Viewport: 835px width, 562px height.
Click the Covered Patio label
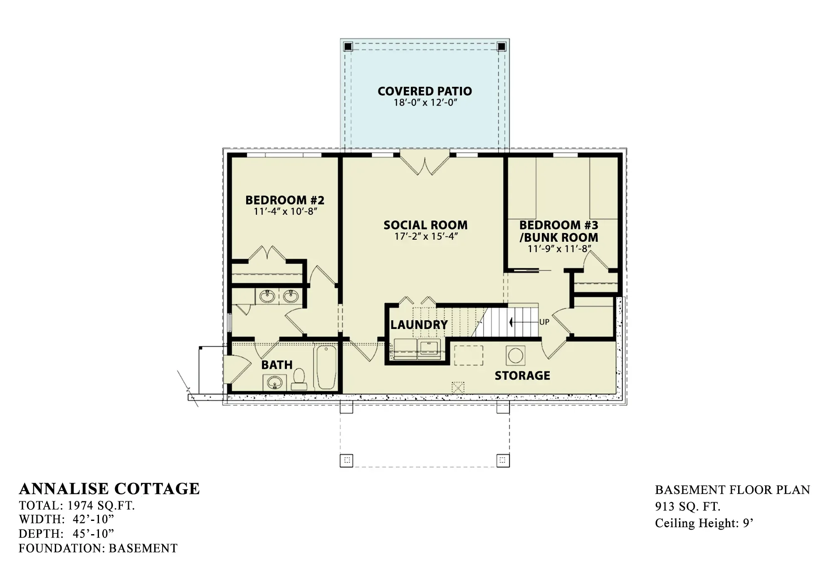pos(425,91)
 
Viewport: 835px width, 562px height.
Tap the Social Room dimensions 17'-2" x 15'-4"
pos(426,237)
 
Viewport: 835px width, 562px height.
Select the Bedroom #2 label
pos(285,200)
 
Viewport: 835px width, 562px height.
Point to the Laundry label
pos(419,325)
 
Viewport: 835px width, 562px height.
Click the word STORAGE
pos(522,375)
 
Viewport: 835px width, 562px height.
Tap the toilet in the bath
pos(299,380)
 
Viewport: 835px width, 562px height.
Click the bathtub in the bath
pos(326,367)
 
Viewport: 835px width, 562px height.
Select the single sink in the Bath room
pos(274,383)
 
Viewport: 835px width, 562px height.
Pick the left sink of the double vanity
pos(267,297)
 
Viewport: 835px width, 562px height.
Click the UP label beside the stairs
pos(544,322)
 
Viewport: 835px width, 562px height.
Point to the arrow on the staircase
pos(523,322)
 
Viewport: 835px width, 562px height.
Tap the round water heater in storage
pos(516,356)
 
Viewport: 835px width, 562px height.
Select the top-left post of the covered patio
pos(348,46)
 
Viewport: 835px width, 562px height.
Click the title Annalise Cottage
pos(109,489)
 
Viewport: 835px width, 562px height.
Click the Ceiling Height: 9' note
pos(704,523)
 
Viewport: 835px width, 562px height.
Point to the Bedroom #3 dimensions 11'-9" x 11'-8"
pos(559,249)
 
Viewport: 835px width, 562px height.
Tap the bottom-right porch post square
pos(503,460)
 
